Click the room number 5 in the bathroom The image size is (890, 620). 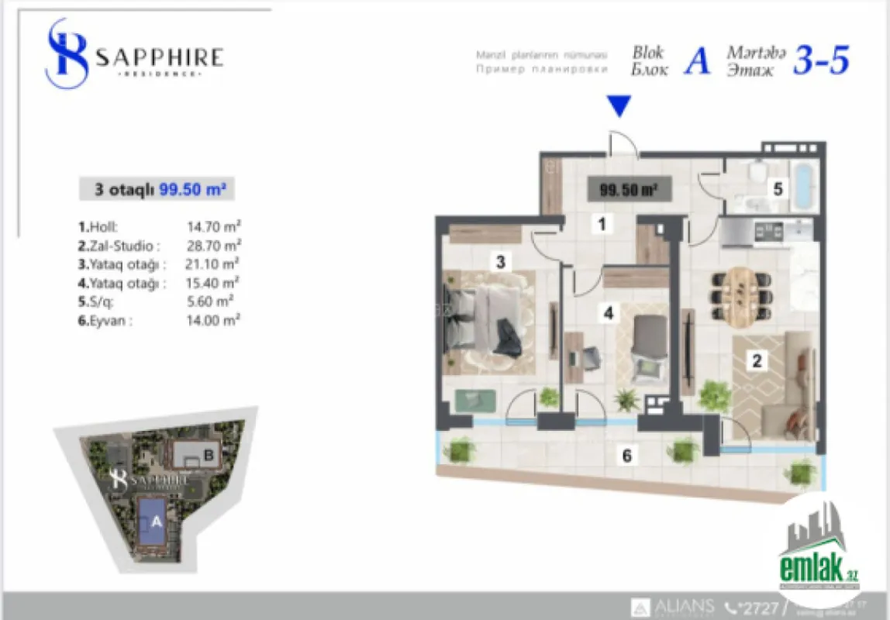(x=778, y=188)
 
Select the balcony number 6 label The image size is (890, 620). (x=626, y=456)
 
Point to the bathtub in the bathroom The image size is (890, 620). (x=804, y=188)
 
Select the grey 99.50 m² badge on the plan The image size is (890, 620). (x=630, y=189)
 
